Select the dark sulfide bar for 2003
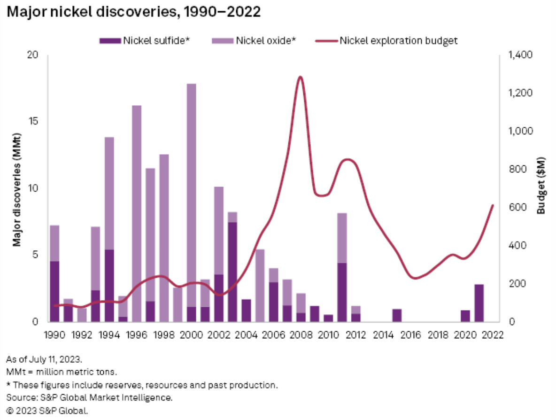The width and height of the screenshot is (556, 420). [x=232, y=272]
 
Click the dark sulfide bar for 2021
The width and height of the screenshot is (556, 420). [x=479, y=303]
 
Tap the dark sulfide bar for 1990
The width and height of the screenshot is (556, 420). [x=55, y=291]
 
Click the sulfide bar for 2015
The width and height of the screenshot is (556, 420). [x=397, y=316]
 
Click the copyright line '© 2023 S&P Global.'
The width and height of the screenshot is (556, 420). [x=47, y=410]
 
